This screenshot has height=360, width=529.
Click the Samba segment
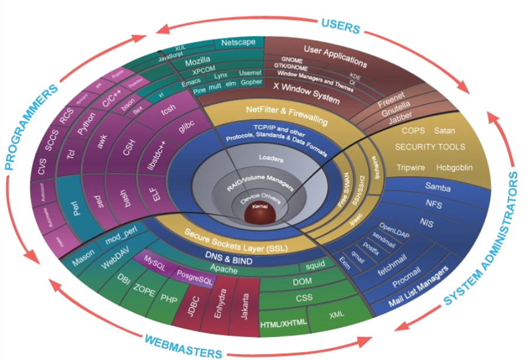pos(439,186)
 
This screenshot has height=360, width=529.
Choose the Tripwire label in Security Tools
pos(409,168)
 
